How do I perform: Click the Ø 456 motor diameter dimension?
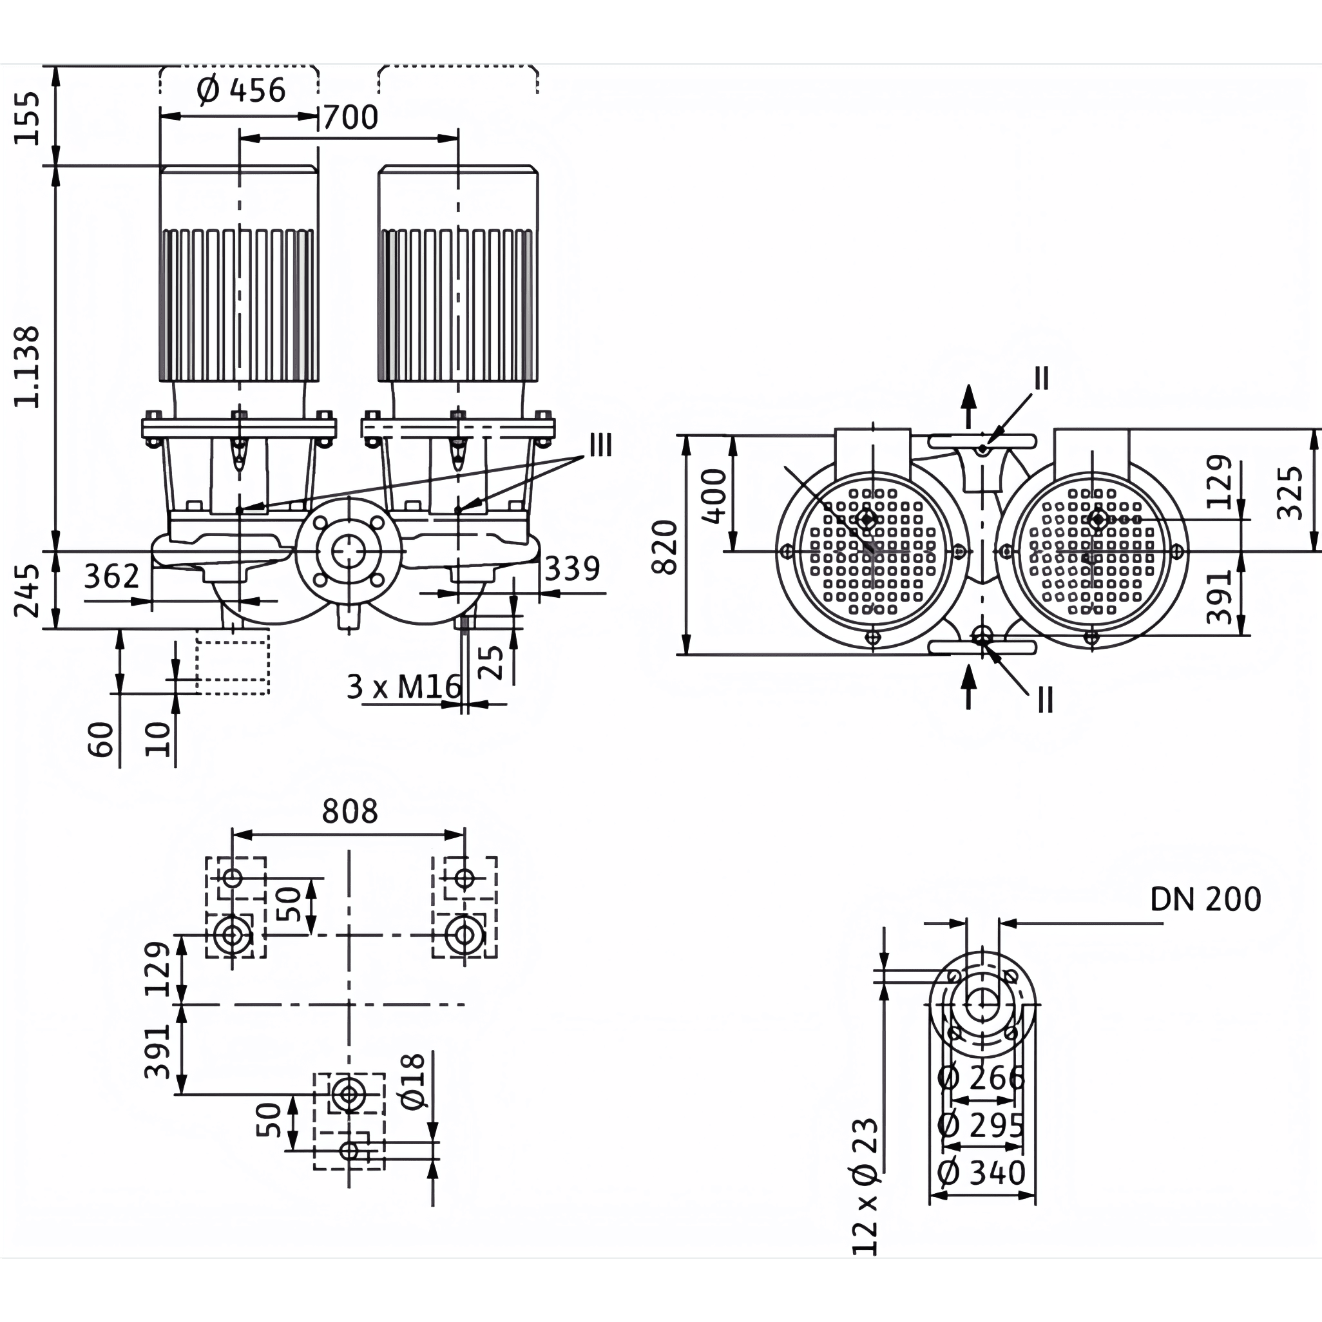pos(240,90)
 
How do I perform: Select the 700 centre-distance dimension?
pos(350,118)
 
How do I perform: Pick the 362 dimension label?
pos(111,576)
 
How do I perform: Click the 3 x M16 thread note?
pos(404,686)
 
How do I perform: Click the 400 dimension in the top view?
pos(714,495)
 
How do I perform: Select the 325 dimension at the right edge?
pos(1290,493)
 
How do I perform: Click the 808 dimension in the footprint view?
pos(350,812)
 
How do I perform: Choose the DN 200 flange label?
pos(1205,899)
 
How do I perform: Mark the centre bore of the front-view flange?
pos(349,551)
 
